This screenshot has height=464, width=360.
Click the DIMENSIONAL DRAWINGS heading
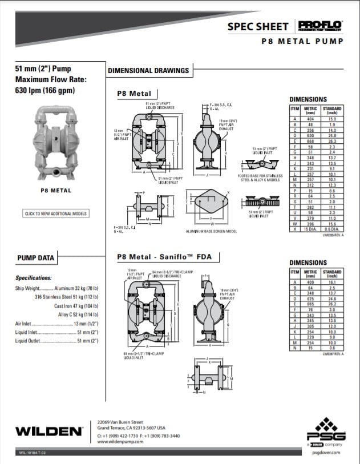[x=148, y=71]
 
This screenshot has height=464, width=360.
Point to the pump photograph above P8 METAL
[x=55, y=142]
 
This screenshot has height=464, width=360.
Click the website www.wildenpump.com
[x=119, y=441]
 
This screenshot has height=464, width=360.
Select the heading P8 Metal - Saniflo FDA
[x=164, y=257]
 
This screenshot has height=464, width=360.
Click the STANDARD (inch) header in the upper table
[x=332, y=110]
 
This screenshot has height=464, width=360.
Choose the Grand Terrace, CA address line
[x=131, y=427]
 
